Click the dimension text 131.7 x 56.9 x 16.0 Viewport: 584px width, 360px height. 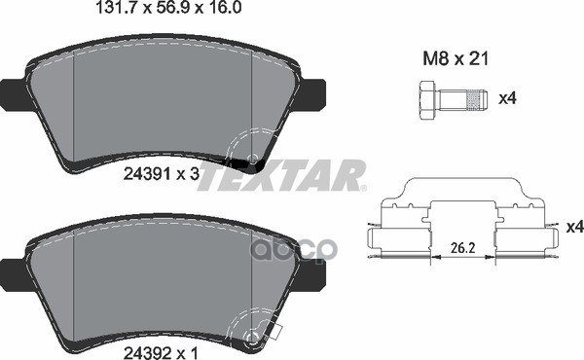point(168,7)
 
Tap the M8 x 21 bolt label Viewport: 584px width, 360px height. point(456,58)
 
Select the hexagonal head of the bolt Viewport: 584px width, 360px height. point(427,100)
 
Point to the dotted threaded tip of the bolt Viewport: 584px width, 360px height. point(477,100)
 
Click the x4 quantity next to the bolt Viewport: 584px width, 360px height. point(507,98)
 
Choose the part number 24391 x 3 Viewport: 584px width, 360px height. point(162,173)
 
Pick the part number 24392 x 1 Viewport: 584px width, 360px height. point(162,352)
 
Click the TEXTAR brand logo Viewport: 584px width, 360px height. point(281,175)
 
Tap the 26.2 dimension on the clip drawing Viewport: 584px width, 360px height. point(463,248)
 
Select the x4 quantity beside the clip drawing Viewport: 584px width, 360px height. point(574,227)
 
